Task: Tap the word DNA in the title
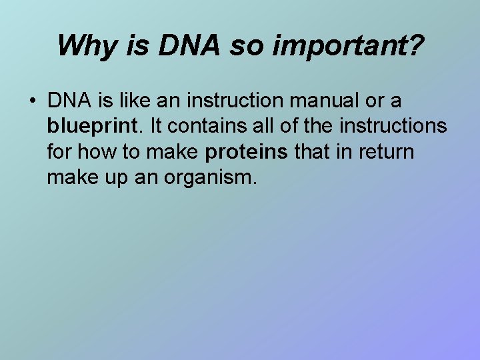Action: click(x=177, y=45)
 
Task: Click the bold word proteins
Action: click(x=247, y=153)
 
